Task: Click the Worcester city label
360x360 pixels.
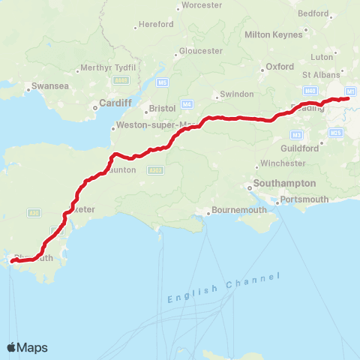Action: pos(201,5)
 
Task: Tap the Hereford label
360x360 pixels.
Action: pos(156,24)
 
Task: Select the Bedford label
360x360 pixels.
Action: pos(313,13)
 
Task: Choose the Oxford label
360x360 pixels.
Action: pos(280,66)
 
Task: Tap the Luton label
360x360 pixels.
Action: pos(322,56)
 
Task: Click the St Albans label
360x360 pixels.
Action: pos(321,75)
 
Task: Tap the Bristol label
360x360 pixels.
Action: pos(162,108)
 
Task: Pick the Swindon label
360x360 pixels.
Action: pos(230,95)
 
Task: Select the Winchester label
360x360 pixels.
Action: pos(282,163)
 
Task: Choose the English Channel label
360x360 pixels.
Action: pos(223,288)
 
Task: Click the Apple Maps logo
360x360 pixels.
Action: pos(27,347)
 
